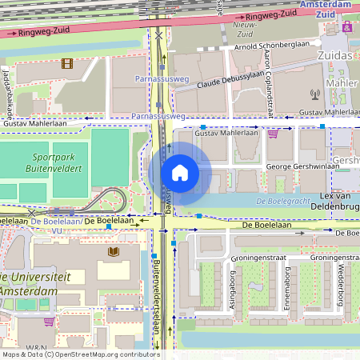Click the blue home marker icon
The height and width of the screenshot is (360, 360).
click(x=180, y=173)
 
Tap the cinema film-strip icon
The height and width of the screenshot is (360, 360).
click(x=66, y=63)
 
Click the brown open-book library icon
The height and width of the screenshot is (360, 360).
click(x=113, y=253)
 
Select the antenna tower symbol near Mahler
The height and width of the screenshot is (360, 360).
click(x=314, y=94)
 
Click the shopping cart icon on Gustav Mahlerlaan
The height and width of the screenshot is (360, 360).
click(x=273, y=134)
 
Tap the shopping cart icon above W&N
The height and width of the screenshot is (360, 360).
click(x=49, y=322)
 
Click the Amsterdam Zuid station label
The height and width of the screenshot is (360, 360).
click(x=326, y=9)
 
